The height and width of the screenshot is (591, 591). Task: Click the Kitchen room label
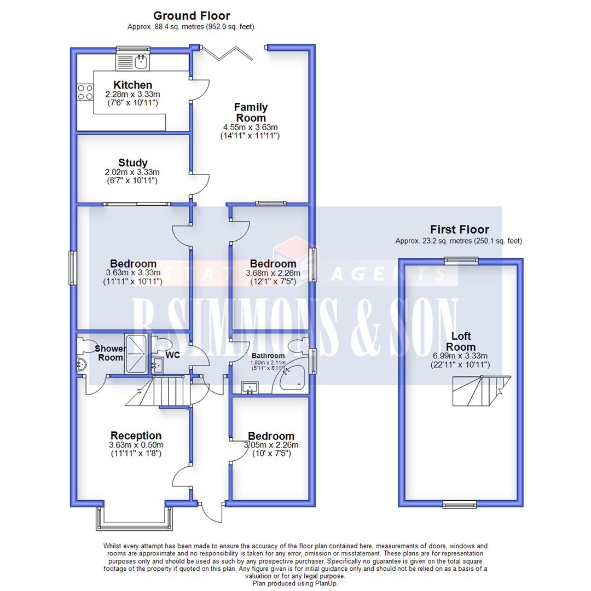pos(132,85)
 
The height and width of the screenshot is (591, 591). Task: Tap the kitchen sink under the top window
pos(132,62)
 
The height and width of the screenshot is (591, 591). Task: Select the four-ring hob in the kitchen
pos(85,92)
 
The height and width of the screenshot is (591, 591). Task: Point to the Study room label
pos(133,163)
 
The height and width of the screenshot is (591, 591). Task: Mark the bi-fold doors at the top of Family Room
pos(226,53)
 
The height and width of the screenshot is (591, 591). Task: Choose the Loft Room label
pos(460,341)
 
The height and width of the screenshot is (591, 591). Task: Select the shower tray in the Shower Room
pos(136,354)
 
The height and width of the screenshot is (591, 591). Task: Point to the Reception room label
pos(135,436)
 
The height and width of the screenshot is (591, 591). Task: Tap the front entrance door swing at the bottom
pos(211,512)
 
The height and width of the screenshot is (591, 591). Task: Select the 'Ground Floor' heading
pos(191,16)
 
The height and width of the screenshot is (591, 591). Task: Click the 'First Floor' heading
pos(459,229)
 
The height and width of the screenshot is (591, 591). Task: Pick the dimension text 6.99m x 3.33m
pos(460,356)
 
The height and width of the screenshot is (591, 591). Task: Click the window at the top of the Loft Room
pos(460,260)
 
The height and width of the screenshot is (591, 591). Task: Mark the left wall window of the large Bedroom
pos(72,268)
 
